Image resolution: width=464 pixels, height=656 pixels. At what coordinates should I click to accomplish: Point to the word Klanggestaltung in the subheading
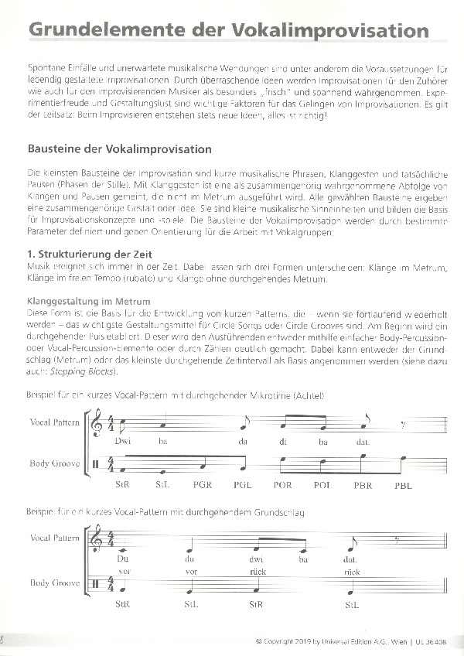pyautogui.click(x=64, y=300)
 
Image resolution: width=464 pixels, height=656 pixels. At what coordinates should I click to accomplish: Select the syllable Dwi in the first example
pyautogui.click(x=122, y=441)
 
